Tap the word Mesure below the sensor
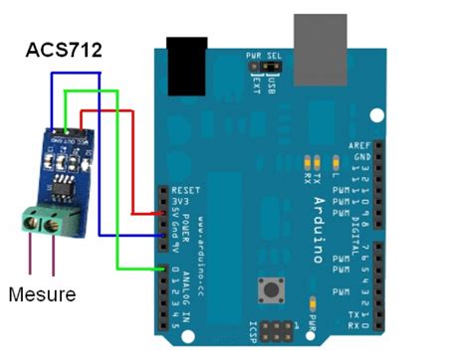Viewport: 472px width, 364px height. coord(42,294)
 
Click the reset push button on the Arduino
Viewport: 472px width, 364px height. coord(269,292)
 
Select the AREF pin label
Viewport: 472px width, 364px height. coord(359,144)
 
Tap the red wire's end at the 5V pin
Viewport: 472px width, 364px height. coord(164,212)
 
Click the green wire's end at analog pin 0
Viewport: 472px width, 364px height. coord(164,268)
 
